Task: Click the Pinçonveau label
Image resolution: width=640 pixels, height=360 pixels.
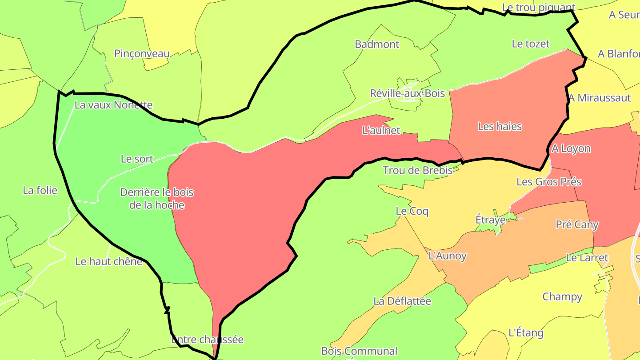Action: (x=142, y=54)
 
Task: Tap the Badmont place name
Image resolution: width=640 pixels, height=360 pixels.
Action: (x=377, y=44)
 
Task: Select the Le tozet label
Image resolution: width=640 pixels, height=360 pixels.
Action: (x=531, y=44)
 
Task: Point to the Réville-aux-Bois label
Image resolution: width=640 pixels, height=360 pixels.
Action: (x=407, y=93)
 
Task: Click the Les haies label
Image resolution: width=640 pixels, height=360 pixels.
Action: (x=500, y=127)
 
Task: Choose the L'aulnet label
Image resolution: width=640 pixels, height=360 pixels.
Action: (x=381, y=131)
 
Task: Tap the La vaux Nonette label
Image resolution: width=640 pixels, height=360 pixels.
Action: (x=113, y=105)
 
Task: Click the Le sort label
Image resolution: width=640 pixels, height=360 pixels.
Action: (x=137, y=159)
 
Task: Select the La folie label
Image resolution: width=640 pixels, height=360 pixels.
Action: (x=40, y=190)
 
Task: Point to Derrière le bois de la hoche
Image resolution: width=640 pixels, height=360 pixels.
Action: (x=157, y=199)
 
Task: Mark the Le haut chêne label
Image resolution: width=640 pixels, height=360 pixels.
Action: (x=109, y=261)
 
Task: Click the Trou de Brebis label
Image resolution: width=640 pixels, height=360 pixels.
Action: (x=417, y=170)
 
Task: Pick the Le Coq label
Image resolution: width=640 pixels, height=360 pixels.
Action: (x=412, y=211)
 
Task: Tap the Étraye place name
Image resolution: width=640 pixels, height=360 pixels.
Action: (x=491, y=220)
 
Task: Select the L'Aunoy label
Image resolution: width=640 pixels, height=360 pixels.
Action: (x=447, y=256)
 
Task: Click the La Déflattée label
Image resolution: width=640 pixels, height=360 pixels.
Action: (x=402, y=301)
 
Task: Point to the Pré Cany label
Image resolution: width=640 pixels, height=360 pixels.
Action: (x=577, y=224)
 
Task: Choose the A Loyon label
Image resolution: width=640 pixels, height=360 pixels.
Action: (x=571, y=148)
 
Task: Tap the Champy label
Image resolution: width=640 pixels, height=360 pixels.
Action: (x=562, y=296)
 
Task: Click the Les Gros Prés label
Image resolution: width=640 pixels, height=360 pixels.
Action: (x=549, y=181)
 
